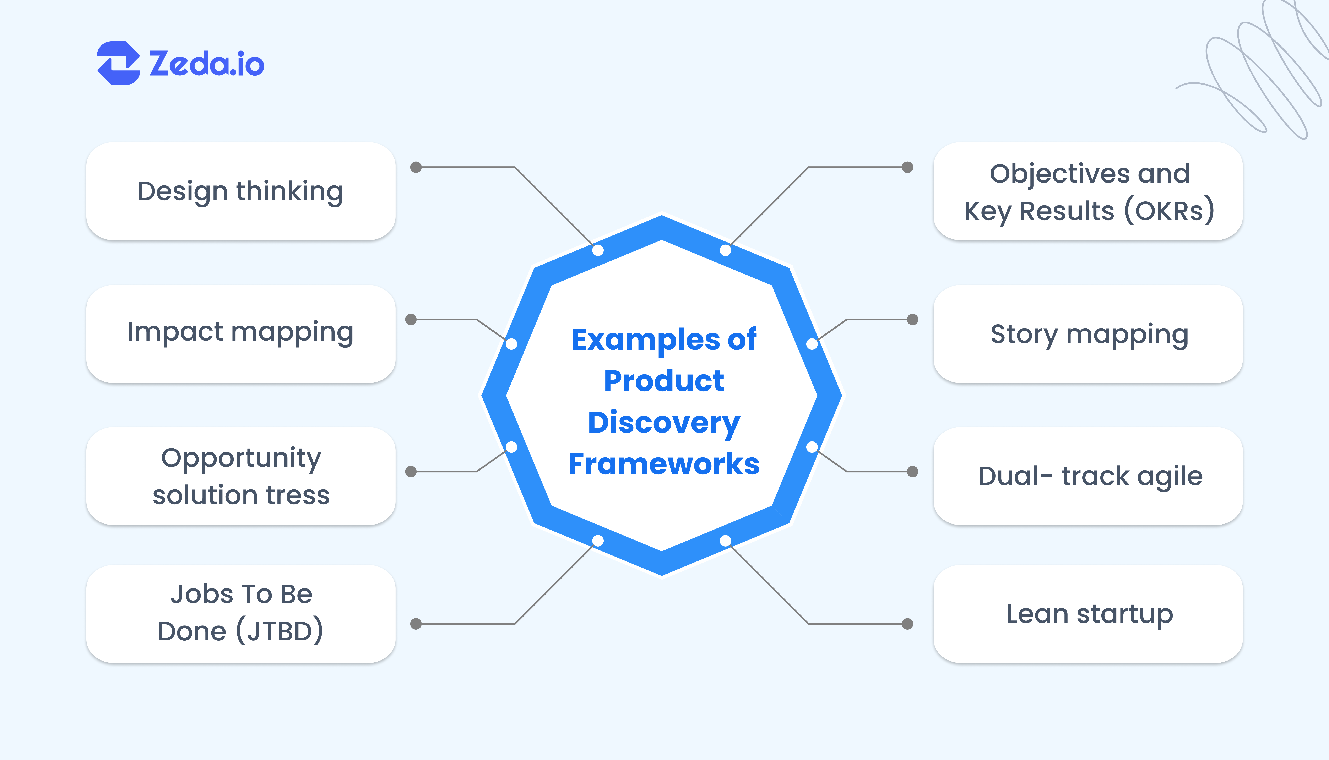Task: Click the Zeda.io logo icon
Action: click(x=119, y=63)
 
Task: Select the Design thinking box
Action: click(x=241, y=191)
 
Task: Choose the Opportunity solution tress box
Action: click(x=241, y=476)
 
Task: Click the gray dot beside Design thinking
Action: click(x=416, y=167)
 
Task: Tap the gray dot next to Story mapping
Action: click(x=912, y=319)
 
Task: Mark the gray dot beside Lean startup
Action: click(x=908, y=624)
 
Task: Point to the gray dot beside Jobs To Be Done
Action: click(x=416, y=624)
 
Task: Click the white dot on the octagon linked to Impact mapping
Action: click(x=511, y=344)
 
